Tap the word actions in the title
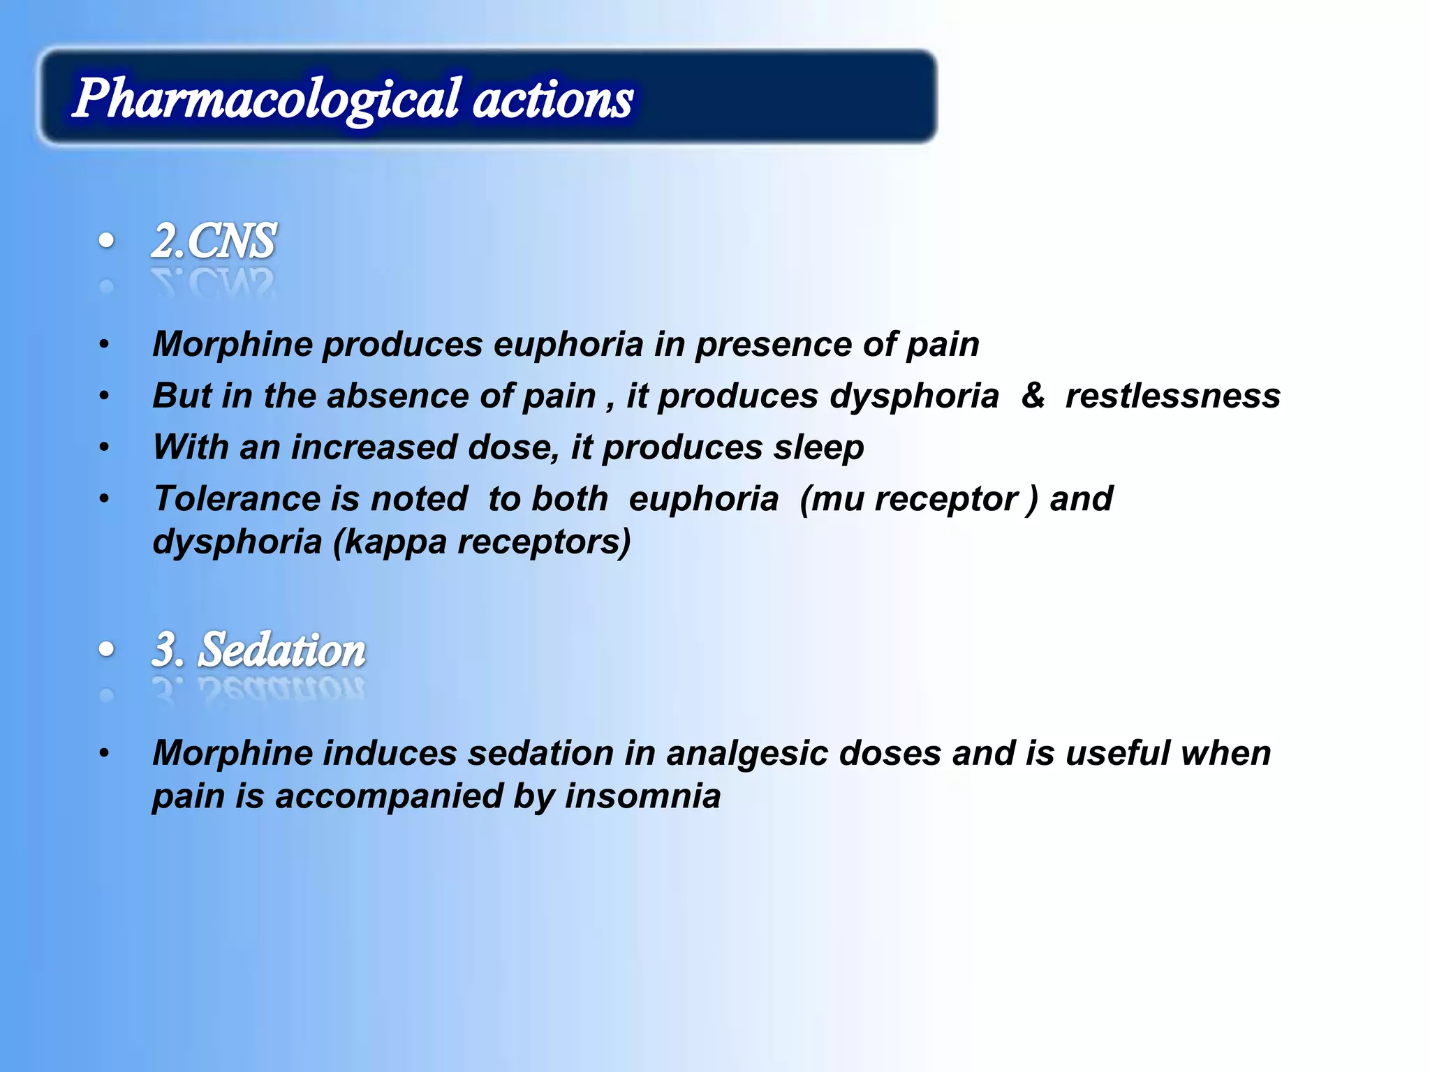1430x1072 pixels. [x=553, y=99]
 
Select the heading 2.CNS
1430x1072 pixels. [x=214, y=241]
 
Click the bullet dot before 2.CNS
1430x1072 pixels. [x=106, y=241]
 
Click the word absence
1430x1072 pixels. [x=392, y=396]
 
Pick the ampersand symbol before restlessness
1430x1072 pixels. [x=1033, y=395]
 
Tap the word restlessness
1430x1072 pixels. [x=1173, y=396]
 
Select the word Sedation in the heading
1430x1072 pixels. [x=282, y=650]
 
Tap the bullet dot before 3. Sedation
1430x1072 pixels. [x=106, y=650]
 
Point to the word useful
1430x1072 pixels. [x=1118, y=754]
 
